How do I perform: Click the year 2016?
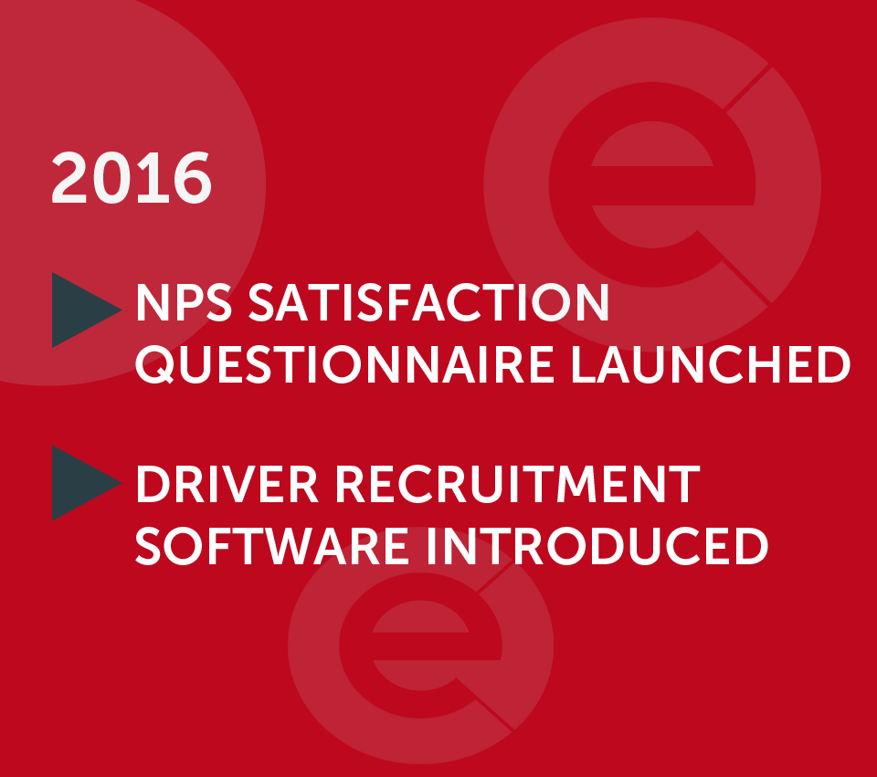132,178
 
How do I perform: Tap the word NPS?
184,302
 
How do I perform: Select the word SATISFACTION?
428,302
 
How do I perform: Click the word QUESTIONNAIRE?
344,365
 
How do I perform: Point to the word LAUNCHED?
711,365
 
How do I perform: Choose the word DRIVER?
227,484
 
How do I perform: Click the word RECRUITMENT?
518,484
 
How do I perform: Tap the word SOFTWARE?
271,546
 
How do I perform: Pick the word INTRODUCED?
597,546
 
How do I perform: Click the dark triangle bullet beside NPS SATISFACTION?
81,310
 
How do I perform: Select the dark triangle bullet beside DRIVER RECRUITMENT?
81,482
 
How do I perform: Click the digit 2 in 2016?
69,178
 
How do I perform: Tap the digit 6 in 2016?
193,178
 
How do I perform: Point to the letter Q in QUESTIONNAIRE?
155,365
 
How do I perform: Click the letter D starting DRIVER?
153,484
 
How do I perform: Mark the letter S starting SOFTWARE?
148,546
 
